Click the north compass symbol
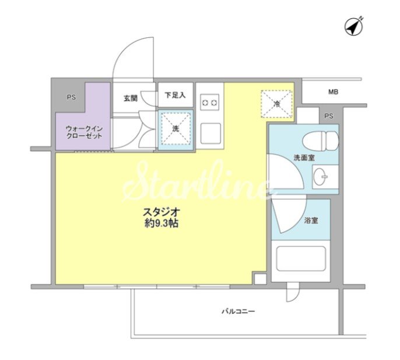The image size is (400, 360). [x=354, y=27]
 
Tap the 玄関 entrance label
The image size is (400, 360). [x=131, y=98]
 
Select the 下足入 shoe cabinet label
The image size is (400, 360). [x=175, y=95]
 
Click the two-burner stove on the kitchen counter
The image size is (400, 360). [x=210, y=102]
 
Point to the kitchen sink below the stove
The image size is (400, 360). [x=210, y=134]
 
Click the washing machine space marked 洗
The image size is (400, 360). [x=176, y=130]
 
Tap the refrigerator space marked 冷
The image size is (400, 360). [x=277, y=104]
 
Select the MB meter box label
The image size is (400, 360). [x=333, y=92]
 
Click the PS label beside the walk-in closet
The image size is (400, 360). [x=71, y=97]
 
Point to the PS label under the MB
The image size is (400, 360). [x=329, y=116]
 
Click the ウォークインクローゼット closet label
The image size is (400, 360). [x=84, y=132]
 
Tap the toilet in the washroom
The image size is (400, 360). [x=321, y=141]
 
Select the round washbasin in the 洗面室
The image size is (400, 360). [x=320, y=177]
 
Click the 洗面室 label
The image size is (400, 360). [x=304, y=158]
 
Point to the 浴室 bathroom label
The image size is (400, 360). [x=311, y=221]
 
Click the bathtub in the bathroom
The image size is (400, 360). [x=301, y=258]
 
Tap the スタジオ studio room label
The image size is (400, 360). [x=162, y=212]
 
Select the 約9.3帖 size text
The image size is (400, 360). [x=161, y=223]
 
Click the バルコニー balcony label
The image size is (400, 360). [x=238, y=312]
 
